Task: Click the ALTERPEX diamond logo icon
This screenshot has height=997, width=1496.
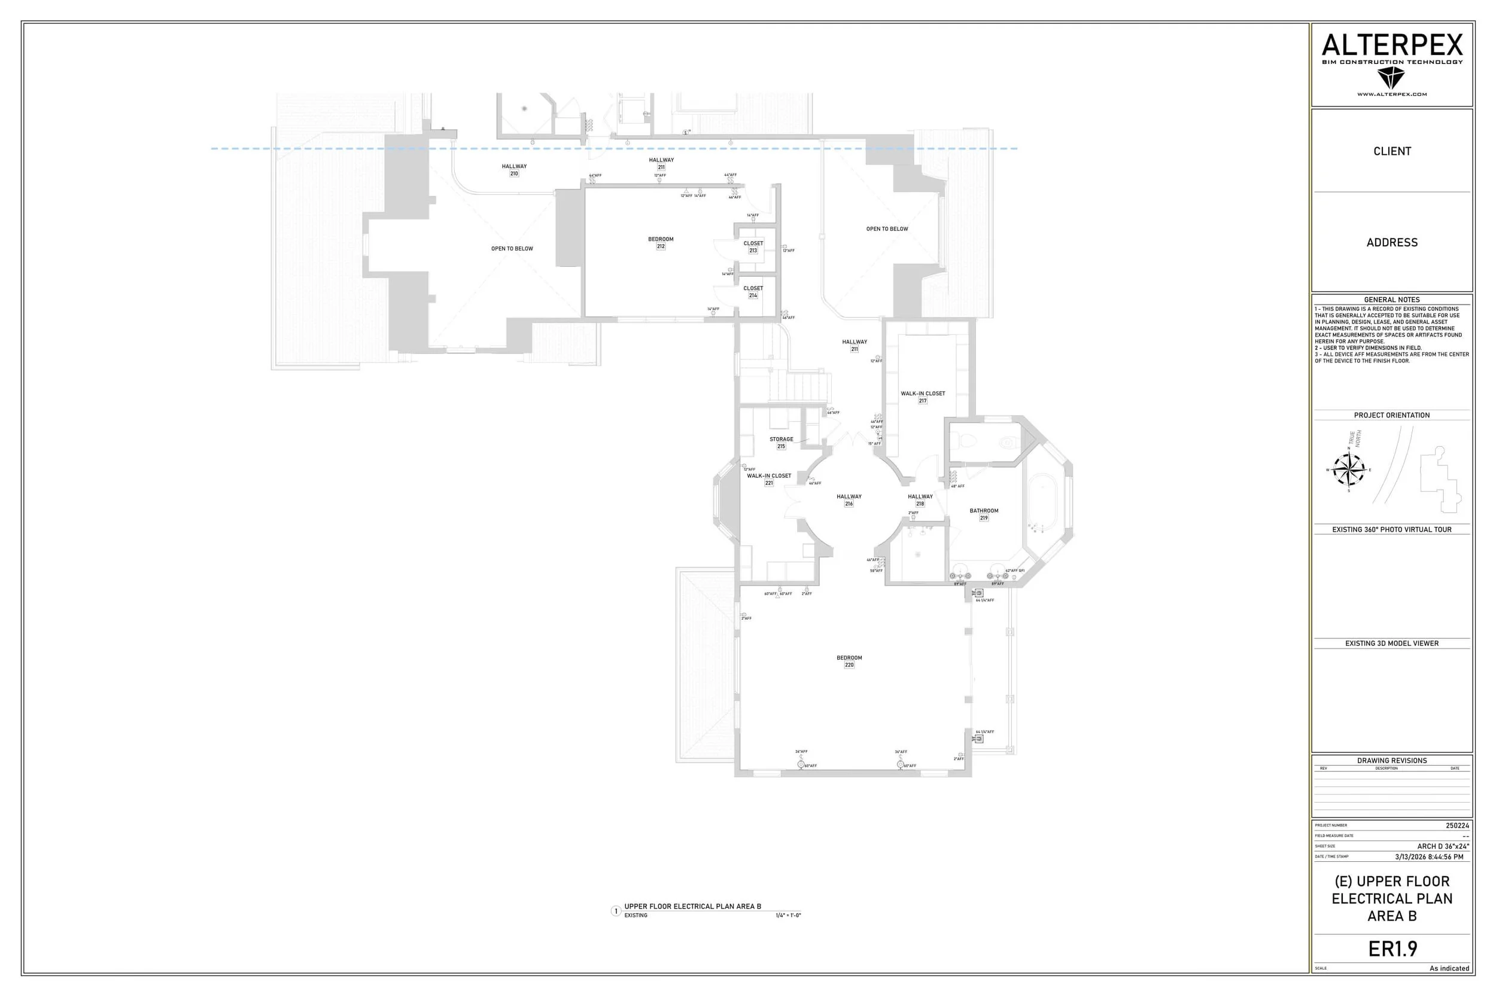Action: pos(1391,78)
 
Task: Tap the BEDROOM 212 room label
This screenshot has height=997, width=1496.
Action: pos(661,243)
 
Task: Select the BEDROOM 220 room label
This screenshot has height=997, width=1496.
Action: pos(849,661)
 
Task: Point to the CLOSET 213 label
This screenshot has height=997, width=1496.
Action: pos(753,246)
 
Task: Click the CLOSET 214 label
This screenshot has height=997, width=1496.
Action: pos(753,292)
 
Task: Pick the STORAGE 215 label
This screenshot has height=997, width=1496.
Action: pos(781,443)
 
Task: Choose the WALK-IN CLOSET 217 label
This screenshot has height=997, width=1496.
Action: pos(922,397)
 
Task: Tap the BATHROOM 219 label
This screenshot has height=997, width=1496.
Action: pos(983,514)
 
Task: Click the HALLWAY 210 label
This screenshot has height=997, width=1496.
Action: pos(514,170)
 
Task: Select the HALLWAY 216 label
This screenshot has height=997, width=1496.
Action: pos(849,500)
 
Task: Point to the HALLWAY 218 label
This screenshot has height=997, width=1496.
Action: pos(920,500)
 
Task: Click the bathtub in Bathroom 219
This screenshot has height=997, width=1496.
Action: pos(1041,502)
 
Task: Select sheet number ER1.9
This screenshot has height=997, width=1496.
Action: pos(1392,949)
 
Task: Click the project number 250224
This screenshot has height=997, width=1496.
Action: pos(1457,825)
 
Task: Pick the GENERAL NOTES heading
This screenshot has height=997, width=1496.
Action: pos(1392,300)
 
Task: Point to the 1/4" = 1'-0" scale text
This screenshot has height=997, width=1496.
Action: pos(788,916)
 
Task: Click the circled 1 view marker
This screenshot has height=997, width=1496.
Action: pos(616,911)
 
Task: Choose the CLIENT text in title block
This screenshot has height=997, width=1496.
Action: pos(1392,151)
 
